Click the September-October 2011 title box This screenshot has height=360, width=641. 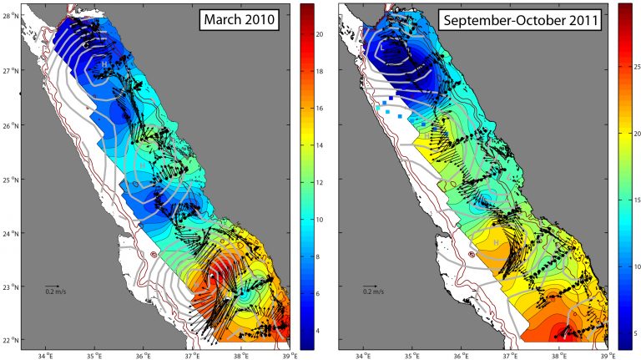[x=530, y=22]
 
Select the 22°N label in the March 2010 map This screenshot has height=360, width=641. [x=11, y=341]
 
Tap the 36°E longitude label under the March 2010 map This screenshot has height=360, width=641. [x=143, y=353]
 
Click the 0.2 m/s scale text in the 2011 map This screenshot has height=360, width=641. [x=374, y=292]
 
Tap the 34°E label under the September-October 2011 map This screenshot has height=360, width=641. [x=364, y=353]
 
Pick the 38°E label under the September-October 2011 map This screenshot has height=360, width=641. [x=560, y=353]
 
